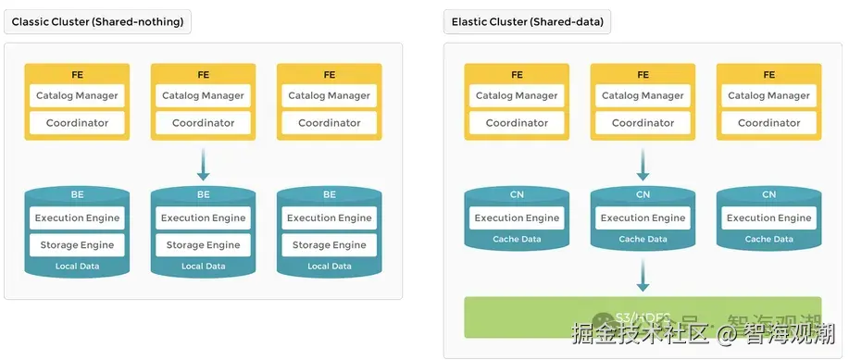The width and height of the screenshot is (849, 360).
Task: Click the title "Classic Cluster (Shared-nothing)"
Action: tap(97, 20)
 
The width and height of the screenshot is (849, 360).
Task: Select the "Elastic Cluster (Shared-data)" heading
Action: tap(527, 20)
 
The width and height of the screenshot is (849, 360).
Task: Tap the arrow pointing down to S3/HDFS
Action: tap(643, 275)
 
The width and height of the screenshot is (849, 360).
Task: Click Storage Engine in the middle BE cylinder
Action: tap(204, 245)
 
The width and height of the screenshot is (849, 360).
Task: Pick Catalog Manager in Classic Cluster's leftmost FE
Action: tap(77, 95)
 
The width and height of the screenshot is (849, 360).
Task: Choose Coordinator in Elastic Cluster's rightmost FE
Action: tap(768, 123)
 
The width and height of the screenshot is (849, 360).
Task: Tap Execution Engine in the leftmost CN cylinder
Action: tap(517, 218)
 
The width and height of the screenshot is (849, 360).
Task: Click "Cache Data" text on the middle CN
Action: tap(643, 240)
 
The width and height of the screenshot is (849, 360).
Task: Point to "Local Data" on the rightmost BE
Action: tap(330, 267)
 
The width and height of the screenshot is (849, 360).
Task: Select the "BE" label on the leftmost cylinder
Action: tap(77, 194)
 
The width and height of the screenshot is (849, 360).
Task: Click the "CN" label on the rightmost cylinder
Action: tap(768, 194)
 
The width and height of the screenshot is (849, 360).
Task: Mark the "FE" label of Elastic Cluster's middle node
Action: tap(643, 75)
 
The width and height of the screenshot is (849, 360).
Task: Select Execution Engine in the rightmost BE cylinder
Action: tap(330, 218)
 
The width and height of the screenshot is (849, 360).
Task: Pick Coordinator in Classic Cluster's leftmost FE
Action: tap(77, 123)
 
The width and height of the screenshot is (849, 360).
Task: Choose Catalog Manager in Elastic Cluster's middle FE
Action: tap(643, 95)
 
